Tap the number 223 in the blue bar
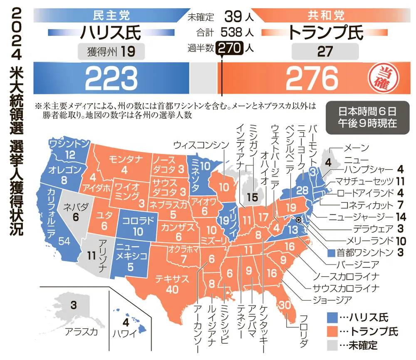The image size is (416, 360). point(111,78)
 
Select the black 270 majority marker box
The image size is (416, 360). point(229,48)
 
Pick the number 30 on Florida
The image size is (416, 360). point(285,306)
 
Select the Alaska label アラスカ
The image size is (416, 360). point(81,331)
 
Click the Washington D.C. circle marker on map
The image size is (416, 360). point(299,220)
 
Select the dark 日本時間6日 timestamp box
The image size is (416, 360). point(366,117)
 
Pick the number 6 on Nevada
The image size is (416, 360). point(75,217)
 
